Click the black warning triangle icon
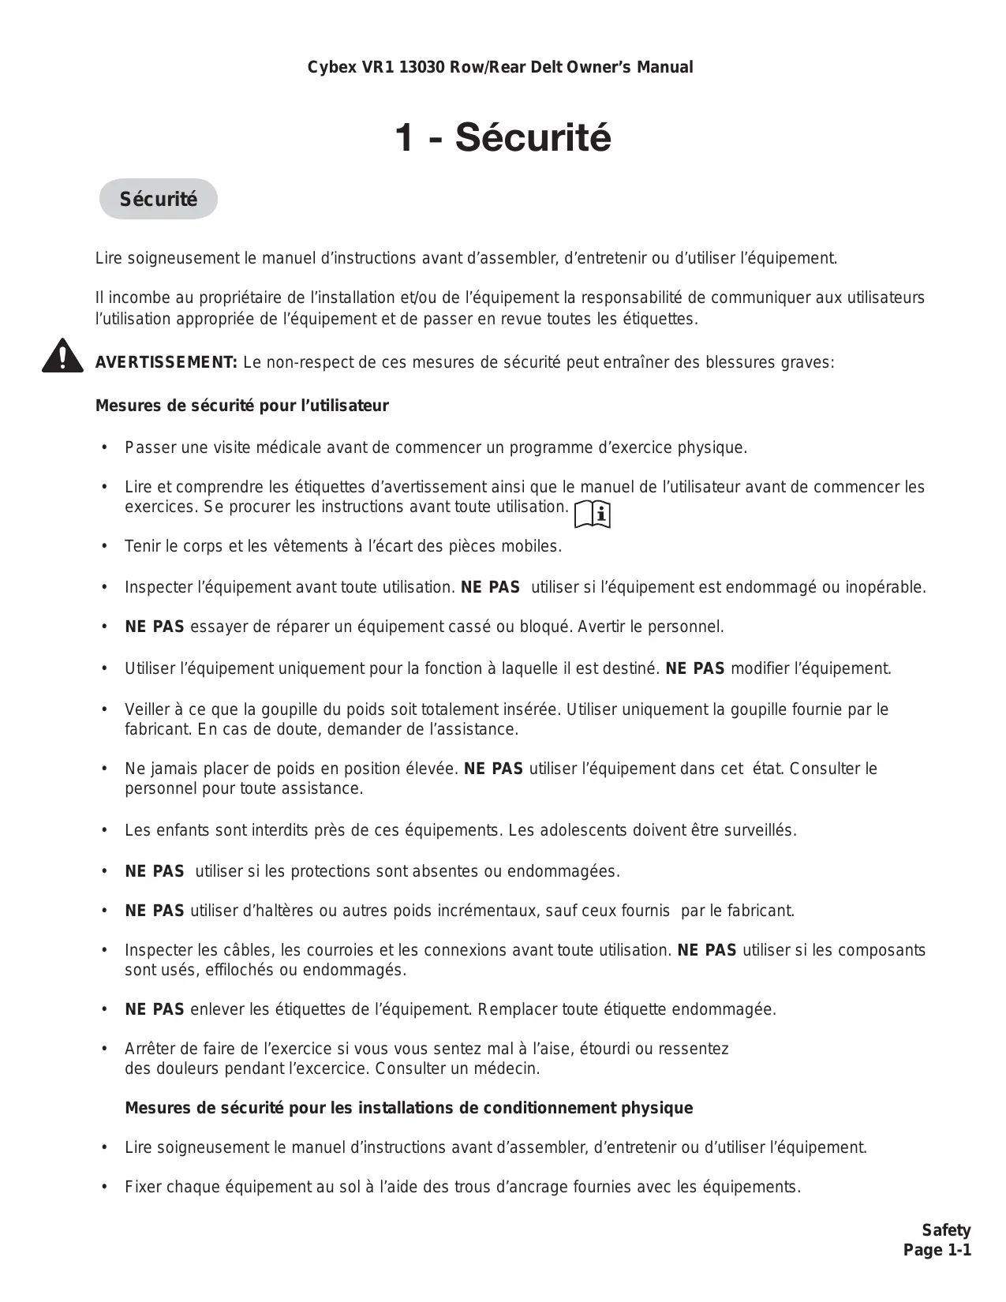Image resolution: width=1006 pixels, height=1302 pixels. pyautogui.click(x=63, y=357)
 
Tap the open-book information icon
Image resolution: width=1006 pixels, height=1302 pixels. pyautogui.click(x=593, y=514)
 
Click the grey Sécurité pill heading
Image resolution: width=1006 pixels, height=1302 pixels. pyautogui.click(x=158, y=200)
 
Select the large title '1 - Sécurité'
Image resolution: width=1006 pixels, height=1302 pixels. pyautogui.click(x=503, y=138)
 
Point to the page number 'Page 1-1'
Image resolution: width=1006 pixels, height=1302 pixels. pyautogui.click(x=937, y=1250)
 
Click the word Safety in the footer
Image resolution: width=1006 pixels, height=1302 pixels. pyautogui.click(x=946, y=1230)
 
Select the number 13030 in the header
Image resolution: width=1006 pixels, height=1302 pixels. pyautogui.click(x=422, y=67)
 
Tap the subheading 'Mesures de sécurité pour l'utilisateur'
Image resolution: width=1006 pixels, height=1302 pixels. pyautogui.click(x=241, y=406)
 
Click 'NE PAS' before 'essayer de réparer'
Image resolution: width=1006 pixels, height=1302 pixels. pyautogui.click(x=155, y=627)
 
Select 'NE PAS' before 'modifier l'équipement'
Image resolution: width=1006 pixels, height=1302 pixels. pyautogui.click(x=695, y=669)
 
